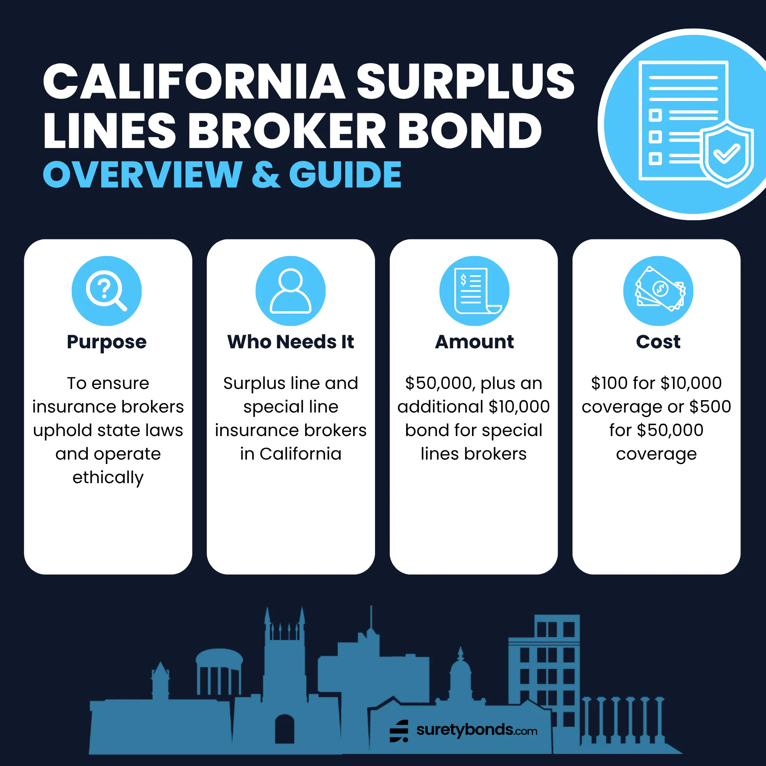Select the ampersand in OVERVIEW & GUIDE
266,174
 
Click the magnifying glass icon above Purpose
107,291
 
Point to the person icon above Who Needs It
290,291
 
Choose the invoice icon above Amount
474,291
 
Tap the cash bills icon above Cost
658,291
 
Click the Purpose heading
107,342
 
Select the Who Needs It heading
290,342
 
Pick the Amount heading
474,342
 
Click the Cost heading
658,342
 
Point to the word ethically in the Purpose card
108,478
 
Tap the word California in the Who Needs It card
300,454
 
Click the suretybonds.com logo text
477,730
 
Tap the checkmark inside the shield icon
727,154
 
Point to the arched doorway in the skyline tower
284,729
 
